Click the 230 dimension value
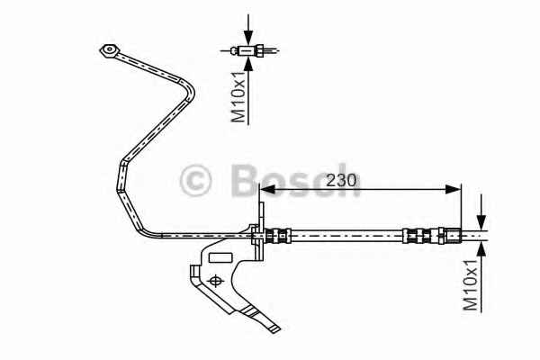tap(341, 180)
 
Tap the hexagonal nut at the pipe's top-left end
tap(109, 51)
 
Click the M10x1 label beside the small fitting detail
tap(238, 97)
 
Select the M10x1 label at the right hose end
tap(471, 284)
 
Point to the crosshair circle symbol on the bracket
tap(215, 281)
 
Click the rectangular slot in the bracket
tap(220, 258)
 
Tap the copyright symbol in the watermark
tap(195, 180)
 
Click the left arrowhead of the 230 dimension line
tap(267, 189)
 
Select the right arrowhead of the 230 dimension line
tap(453, 189)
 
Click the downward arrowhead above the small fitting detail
tap(248, 37)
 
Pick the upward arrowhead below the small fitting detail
tap(248, 64)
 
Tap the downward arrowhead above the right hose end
tap(481, 222)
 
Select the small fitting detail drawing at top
tap(248, 50)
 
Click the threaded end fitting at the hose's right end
tap(450, 236)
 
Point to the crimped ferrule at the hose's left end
tap(278, 236)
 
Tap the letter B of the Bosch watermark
tap(245, 179)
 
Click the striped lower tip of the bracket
tap(263, 319)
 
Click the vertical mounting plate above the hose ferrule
tap(262, 230)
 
